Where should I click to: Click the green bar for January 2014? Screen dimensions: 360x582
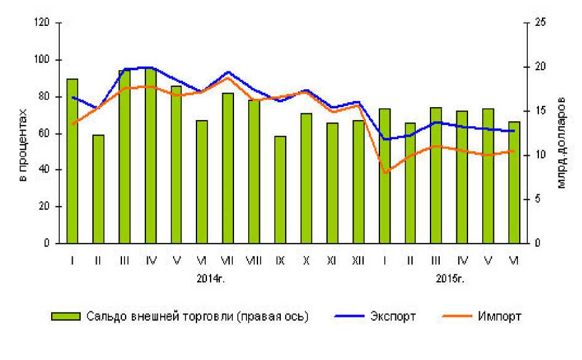pos(72,161)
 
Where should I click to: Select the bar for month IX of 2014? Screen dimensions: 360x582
pos(280,190)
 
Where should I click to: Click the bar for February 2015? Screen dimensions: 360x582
pos(410,183)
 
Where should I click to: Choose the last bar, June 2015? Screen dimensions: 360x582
pos(514,182)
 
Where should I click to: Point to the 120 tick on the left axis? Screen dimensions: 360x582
pos(42,23)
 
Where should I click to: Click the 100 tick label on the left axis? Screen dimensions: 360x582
pos(42,60)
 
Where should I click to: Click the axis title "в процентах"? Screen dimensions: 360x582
pos(23,145)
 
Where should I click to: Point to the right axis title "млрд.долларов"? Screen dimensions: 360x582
pos(561,146)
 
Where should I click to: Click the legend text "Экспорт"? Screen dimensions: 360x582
pos(393,316)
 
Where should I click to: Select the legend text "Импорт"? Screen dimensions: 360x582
pos(499,316)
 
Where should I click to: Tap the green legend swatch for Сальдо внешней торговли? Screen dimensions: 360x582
pos(65,316)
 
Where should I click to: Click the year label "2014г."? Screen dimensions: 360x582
pos(211,278)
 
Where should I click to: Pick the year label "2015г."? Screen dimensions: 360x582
pos(450,278)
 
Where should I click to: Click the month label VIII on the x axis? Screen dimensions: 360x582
pos(254,261)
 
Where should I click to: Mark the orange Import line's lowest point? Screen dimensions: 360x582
pos(385,173)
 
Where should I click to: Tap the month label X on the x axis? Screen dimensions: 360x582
pos(306,261)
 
